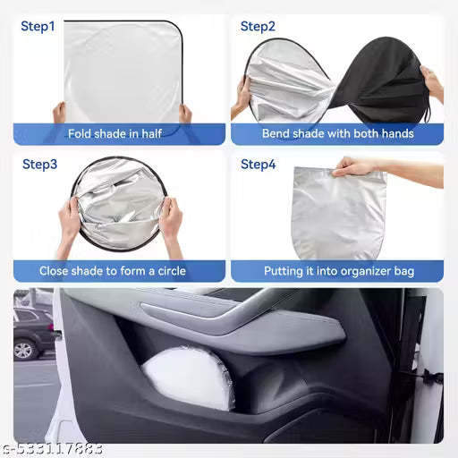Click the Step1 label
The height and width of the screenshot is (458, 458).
(38, 27)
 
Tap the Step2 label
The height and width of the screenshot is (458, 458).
(258, 27)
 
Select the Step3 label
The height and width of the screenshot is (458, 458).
(39, 165)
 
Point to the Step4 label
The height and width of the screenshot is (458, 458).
(259, 165)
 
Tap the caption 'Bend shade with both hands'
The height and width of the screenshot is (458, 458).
(337, 134)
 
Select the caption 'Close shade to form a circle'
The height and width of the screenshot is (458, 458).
(118, 270)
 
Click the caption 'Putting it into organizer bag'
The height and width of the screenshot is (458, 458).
(338, 270)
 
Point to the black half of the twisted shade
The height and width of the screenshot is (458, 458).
(386, 81)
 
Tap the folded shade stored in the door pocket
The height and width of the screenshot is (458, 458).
(189, 377)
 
